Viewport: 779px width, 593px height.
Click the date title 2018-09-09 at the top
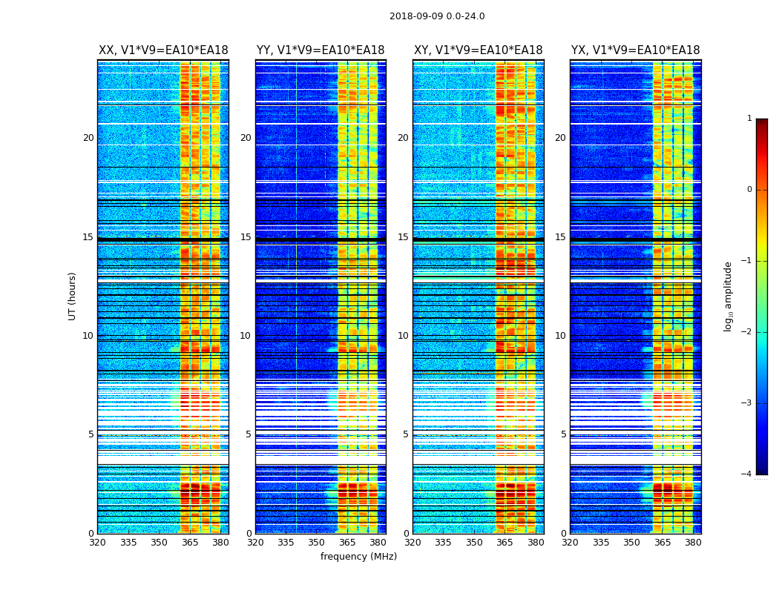pos(437,16)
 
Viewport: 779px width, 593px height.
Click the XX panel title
pos(163,50)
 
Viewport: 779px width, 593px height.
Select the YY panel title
pos(321,50)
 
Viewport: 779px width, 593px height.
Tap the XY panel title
pos(479,50)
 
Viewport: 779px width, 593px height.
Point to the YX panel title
pos(636,50)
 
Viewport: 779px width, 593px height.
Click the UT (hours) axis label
pos(72,296)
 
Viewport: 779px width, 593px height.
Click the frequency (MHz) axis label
pos(358,557)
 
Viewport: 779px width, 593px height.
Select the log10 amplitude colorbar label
pos(729,296)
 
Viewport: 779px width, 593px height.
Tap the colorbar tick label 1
pos(749,119)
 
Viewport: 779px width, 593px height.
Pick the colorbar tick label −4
pos(747,474)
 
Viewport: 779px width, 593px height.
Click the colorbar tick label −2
pos(747,332)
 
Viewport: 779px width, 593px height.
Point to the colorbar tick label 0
pos(749,190)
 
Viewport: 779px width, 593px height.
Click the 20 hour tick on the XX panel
pos(88,138)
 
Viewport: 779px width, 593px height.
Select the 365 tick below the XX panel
pos(190,542)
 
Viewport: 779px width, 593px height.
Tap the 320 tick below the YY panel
pos(255,542)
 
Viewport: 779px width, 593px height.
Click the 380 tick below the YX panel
pos(693,542)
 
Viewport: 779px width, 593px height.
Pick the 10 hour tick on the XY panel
pos(403,336)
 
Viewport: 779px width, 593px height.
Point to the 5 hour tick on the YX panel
pos(563,434)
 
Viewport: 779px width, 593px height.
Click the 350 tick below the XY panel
pos(474,542)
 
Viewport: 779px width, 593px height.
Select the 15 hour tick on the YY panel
pos(246,237)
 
